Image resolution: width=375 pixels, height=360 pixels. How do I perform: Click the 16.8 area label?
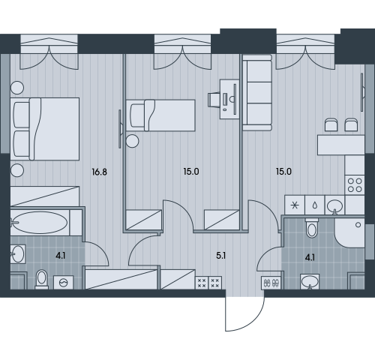[99, 172]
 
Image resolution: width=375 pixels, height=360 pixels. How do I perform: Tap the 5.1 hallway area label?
[221, 256]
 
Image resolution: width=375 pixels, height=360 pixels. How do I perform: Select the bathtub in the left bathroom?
[40, 223]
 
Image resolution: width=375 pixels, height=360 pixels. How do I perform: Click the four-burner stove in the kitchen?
[355, 185]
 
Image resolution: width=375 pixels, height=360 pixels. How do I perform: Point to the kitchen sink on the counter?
[334, 205]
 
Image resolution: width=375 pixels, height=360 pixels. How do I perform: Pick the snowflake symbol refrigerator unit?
[295, 205]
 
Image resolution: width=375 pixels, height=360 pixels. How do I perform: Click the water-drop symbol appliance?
[315, 205]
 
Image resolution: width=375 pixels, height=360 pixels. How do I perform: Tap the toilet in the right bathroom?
[312, 228]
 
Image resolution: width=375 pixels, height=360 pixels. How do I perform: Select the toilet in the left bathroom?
[41, 279]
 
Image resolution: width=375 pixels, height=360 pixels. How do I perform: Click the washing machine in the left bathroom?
[64, 283]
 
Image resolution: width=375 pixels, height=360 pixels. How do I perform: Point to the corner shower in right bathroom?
[349, 233]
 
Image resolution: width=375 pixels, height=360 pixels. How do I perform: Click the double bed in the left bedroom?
[45, 129]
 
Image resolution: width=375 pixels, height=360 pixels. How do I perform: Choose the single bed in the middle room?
[160, 115]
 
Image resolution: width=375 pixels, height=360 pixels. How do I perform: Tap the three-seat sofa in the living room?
[257, 93]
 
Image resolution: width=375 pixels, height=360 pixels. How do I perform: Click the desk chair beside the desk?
[214, 100]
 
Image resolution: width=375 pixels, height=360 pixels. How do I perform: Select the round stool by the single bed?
[132, 141]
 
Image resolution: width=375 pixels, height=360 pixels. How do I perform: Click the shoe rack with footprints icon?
[271, 283]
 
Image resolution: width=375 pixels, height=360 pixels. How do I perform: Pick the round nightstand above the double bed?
[17, 88]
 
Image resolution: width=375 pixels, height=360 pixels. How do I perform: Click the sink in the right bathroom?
[310, 282]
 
